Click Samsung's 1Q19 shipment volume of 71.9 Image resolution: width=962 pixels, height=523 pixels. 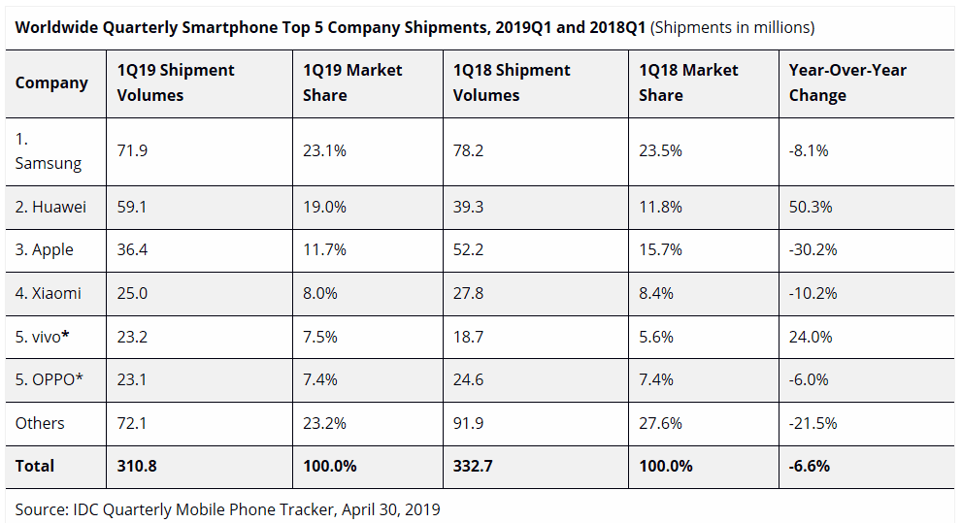132,150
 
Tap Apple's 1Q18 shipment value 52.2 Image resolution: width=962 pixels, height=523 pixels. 469,249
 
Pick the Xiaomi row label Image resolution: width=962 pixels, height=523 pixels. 49,293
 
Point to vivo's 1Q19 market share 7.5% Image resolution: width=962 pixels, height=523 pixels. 320,336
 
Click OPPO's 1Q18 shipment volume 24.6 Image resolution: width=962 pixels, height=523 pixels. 469,379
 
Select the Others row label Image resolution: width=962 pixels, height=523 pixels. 40,423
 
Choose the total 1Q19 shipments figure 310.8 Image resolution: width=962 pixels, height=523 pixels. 137,466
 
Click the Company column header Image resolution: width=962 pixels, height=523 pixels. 51,82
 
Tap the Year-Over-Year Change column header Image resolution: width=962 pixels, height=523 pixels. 847,82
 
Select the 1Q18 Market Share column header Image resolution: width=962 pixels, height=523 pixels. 688,82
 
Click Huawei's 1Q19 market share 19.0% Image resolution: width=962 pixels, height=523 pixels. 324,207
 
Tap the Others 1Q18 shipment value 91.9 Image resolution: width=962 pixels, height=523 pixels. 469,423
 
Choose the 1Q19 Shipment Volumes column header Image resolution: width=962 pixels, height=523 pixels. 176,82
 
